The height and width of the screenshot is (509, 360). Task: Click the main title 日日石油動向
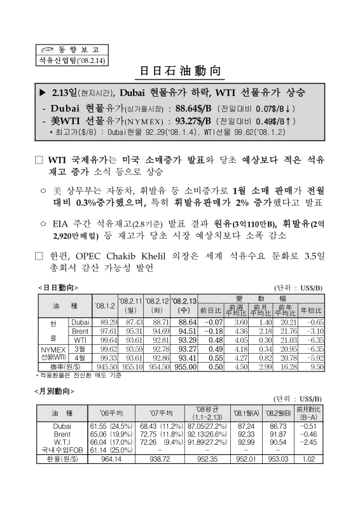179,70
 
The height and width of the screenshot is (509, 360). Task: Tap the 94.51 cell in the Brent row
185,331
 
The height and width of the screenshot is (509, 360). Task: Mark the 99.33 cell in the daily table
102,358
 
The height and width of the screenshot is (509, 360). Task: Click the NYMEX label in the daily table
53,349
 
